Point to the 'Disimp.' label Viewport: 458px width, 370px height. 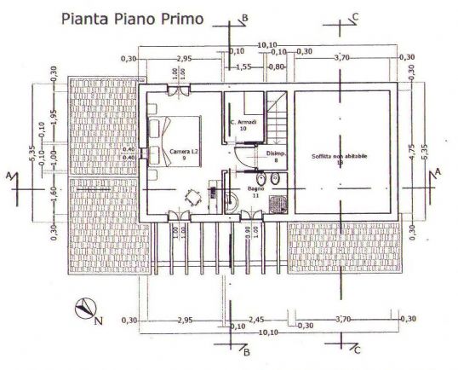pyautogui.click(x=276, y=155)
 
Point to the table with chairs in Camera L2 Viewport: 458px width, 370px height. pyautogui.click(x=195, y=198)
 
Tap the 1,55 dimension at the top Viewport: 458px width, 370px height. pyautogui.click(x=243, y=66)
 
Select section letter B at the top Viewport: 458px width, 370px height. pyautogui.click(x=245, y=17)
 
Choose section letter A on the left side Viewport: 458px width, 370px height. pyautogui.click(x=9, y=174)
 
